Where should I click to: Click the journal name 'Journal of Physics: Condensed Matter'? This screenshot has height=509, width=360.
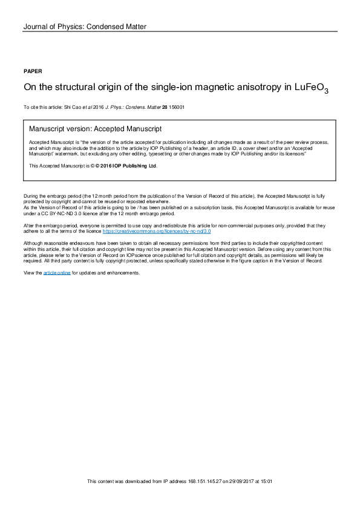[x=84, y=27]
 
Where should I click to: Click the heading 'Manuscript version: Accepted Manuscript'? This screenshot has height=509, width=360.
[x=95, y=129]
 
